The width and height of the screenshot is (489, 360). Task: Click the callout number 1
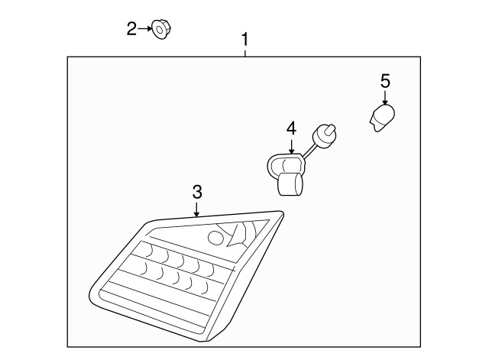245,39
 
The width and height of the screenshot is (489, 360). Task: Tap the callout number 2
131,29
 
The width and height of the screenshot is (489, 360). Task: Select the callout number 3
197,192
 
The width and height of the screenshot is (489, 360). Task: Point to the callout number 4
291,128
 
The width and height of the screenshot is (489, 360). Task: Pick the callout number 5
385,81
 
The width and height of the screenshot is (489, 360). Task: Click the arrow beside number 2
144,29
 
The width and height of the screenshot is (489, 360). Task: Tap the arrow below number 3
196,209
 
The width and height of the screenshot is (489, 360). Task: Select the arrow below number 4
292,146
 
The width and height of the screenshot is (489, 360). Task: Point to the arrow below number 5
385,97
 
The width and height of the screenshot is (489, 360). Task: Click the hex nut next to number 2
161,30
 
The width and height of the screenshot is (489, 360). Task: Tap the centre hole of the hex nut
159,31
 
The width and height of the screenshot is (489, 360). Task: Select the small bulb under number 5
382,118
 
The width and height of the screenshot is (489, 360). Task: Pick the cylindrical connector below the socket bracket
290,184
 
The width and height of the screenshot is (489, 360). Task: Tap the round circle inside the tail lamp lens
215,238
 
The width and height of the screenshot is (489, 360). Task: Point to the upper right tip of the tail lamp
282,212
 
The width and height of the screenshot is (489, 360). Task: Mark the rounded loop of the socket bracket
270,167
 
